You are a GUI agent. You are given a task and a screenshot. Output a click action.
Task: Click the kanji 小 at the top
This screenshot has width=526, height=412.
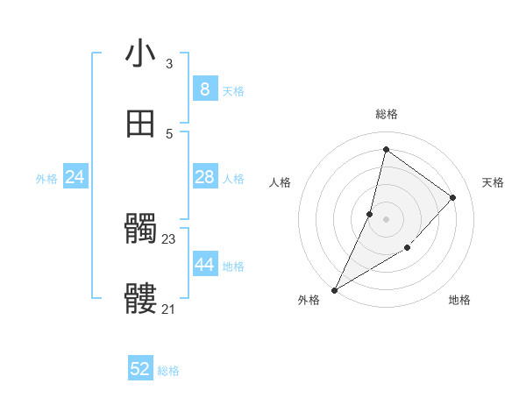[141, 53]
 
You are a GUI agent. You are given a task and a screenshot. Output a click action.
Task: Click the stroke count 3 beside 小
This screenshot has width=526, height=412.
[169, 64]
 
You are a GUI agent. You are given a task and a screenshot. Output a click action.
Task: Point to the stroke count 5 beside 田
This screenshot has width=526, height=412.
[169, 133]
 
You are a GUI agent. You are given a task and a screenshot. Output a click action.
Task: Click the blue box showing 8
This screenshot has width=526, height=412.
[204, 89]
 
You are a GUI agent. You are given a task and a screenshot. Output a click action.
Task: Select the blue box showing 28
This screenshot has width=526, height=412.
[204, 177]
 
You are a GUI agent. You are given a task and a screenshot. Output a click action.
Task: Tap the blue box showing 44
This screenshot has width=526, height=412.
[204, 265]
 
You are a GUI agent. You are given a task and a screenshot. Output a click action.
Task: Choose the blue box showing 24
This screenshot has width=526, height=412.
[75, 177]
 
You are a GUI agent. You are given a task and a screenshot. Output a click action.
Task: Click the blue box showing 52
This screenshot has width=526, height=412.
[140, 369]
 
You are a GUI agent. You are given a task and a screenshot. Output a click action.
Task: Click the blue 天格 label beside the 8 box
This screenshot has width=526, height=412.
[233, 91]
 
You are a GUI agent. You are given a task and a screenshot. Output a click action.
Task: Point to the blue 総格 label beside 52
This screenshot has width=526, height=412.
[168, 372]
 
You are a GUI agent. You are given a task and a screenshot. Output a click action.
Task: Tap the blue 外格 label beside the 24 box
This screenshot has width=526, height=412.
[46, 179]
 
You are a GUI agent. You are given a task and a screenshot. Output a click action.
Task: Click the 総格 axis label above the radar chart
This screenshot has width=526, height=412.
[387, 114]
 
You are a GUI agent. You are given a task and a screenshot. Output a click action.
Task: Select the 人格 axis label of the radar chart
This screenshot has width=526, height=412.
[280, 182]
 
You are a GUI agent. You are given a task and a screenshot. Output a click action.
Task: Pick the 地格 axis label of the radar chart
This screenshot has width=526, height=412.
[459, 301]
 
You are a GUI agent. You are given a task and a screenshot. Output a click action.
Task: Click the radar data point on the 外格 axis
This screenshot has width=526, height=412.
[335, 289]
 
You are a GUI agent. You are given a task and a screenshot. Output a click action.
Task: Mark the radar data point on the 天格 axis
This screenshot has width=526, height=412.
[453, 197]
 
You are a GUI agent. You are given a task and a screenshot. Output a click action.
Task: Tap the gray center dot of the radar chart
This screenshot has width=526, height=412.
[387, 218]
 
